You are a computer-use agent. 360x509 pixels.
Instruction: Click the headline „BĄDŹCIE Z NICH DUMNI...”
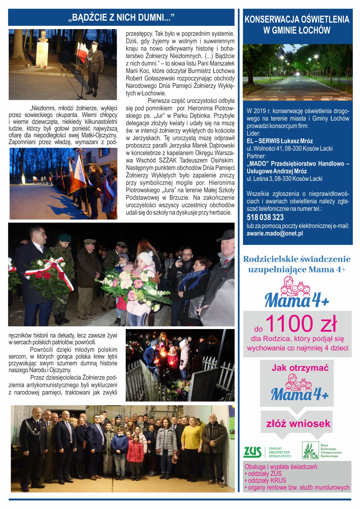(x=121, y=17)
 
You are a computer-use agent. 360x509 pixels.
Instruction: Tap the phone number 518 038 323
(x=265, y=217)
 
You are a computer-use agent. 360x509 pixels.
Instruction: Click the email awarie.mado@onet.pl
(x=274, y=233)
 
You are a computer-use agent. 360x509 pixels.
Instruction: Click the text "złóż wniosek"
(x=298, y=424)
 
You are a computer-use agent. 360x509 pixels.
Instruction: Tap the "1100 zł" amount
(x=301, y=324)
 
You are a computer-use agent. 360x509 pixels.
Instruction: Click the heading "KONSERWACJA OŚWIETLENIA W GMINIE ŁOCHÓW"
(x=297, y=25)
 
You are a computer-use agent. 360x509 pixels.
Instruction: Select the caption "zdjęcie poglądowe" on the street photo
(x=336, y=98)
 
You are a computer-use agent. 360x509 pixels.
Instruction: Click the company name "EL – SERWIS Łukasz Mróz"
(x=280, y=141)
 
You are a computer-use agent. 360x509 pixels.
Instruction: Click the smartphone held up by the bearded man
(x=180, y=259)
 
